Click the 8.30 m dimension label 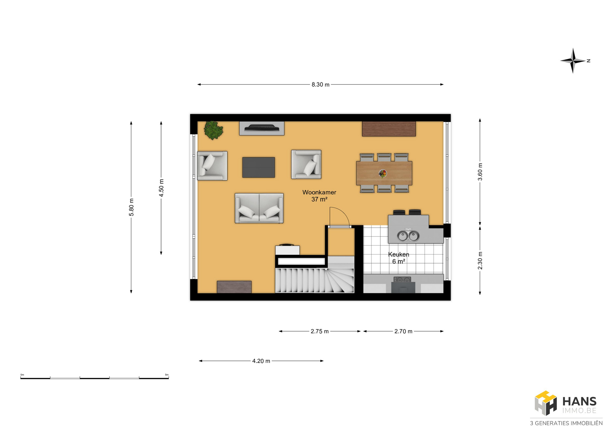[320, 85]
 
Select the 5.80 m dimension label [131, 207]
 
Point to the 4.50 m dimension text [161, 188]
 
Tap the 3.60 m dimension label [480, 172]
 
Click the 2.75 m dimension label [320, 331]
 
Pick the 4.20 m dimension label [261, 361]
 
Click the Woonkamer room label [319, 192]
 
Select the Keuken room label [399, 254]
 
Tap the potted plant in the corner [214, 130]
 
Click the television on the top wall [262, 128]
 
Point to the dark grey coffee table [259, 167]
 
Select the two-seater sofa [259, 208]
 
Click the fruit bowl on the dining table [383, 173]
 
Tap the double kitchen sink [408, 236]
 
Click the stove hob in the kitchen [402, 280]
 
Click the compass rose [573, 60]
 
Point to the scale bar [95, 378]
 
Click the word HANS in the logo [579, 401]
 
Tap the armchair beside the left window [212, 166]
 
